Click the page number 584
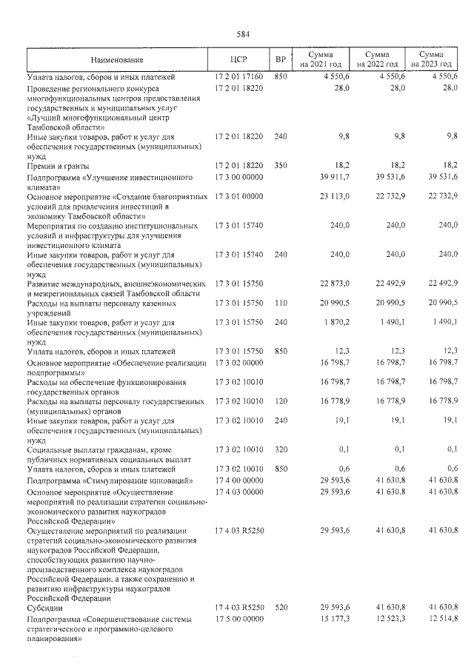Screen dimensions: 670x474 242,34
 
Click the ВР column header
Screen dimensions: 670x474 280,60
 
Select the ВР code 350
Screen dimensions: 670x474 280,166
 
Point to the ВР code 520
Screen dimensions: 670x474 280,607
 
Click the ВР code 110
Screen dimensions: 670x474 280,304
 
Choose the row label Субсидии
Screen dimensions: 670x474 44,608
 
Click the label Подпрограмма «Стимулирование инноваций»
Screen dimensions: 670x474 101,480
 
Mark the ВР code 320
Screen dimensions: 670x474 280,449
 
